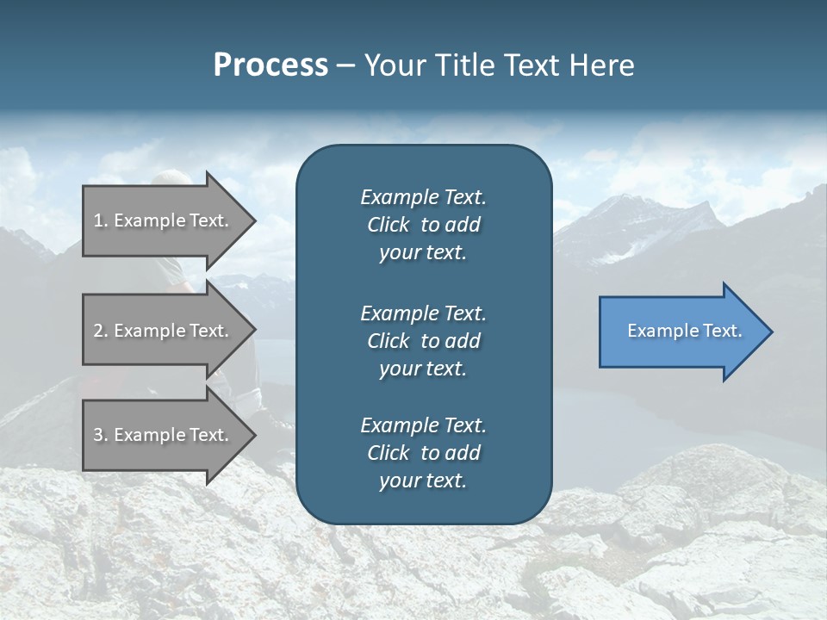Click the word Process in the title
tap(270, 65)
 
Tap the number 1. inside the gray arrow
tap(101, 220)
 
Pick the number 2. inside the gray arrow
tap(101, 331)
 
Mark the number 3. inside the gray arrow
tap(101, 435)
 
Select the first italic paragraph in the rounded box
tap(423, 225)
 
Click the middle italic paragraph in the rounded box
tap(423, 341)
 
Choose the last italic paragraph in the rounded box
tap(423, 453)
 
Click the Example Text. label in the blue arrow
tap(684, 331)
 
